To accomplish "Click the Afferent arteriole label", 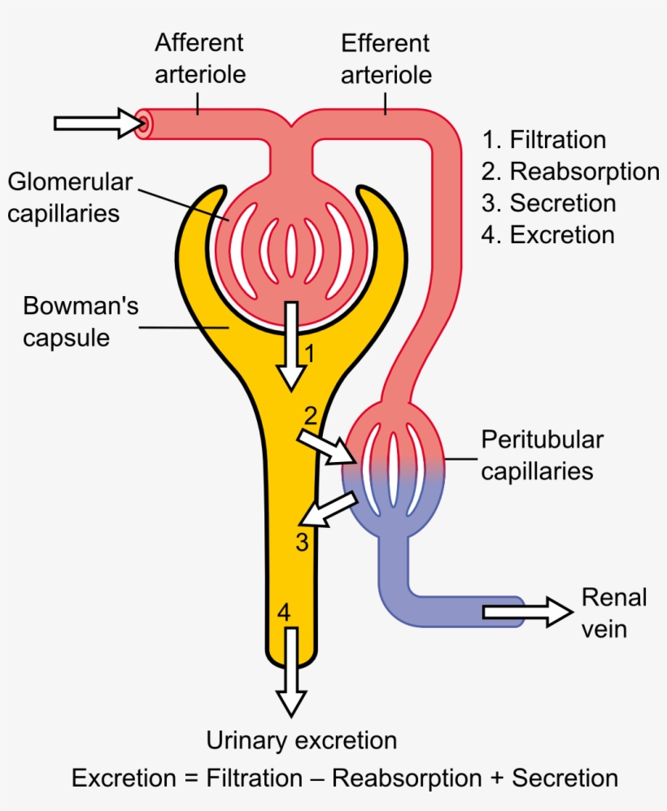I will [x=199, y=59].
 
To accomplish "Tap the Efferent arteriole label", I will [x=386, y=59].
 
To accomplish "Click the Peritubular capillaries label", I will [x=542, y=456].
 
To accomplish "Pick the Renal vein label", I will [x=614, y=613].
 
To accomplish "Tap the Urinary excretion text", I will [x=302, y=741].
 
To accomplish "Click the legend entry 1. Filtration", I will [x=544, y=140].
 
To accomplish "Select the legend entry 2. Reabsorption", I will [x=570, y=172].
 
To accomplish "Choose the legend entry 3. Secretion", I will [x=549, y=203].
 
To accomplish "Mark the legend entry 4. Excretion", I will [x=548, y=235].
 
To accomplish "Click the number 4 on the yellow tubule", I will [x=282, y=612].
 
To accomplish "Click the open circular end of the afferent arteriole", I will [x=144, y=124].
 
